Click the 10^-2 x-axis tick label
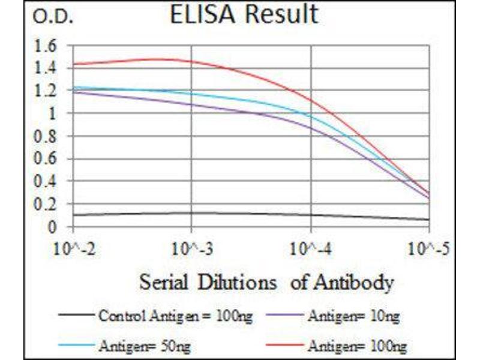(x=73, y=248)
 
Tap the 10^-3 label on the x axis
(x=191, y=248)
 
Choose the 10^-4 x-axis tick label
(x=310, y=248)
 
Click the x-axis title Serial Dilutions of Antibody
(x=266, y=282)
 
